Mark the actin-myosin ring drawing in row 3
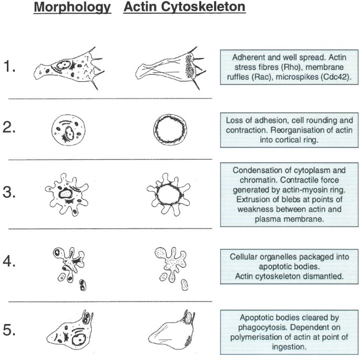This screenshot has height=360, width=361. pyautogui.click(x=170, y=195)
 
